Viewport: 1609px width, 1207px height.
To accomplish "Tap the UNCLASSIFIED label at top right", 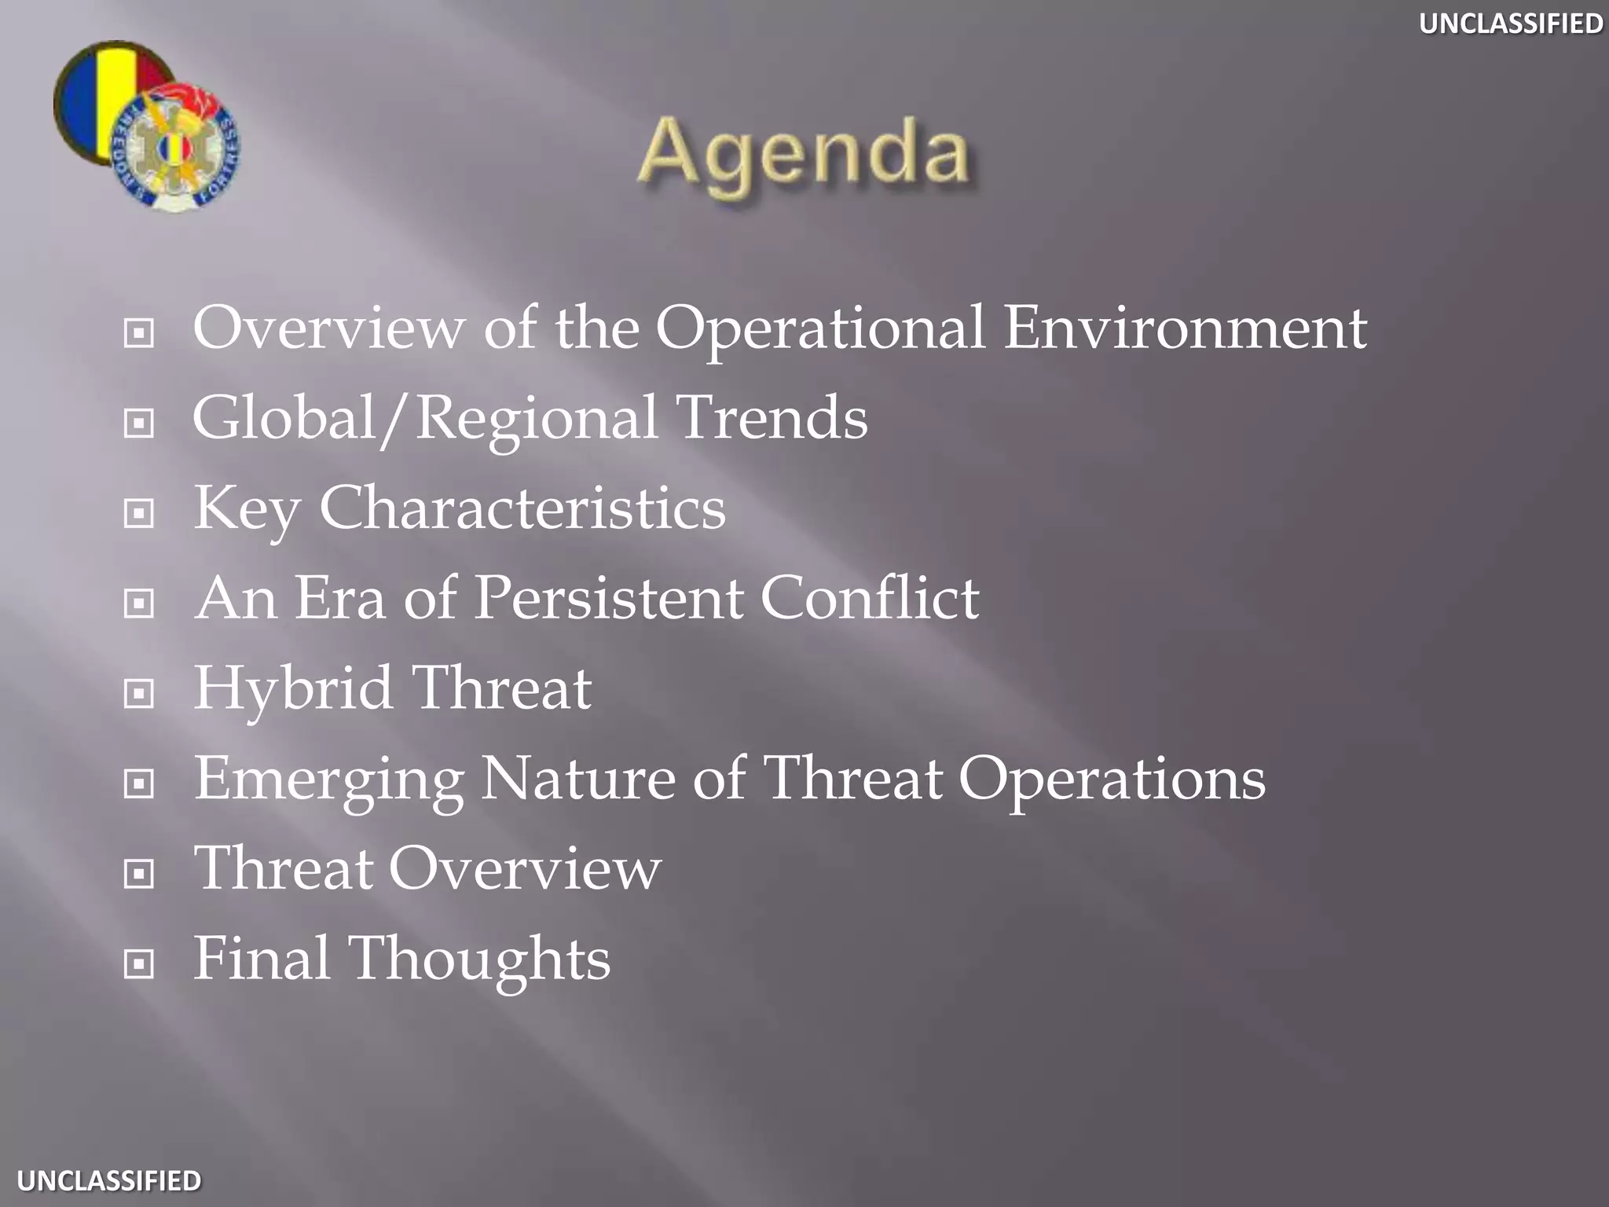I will pos(1510,24).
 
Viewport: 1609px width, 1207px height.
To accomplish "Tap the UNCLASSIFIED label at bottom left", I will pos(109,1180).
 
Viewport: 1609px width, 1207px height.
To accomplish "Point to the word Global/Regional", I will pos(424,419).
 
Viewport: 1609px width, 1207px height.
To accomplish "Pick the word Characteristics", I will pos(522,508).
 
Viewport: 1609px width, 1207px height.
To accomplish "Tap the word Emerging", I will pos(328,780).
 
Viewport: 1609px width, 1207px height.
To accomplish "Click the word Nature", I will pos(577,778).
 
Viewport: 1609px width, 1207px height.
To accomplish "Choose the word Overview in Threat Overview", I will pos(524,868).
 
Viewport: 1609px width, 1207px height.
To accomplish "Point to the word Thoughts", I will pos(479,959).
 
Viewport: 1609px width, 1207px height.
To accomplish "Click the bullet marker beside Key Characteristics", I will pos(139,514).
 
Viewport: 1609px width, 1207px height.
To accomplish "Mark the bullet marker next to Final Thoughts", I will pos(139,963).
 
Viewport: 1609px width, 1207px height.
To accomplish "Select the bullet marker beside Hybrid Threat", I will pos(139,694).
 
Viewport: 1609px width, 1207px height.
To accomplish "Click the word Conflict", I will pos(869,599).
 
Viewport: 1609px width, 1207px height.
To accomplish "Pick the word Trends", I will pos(771,418).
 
